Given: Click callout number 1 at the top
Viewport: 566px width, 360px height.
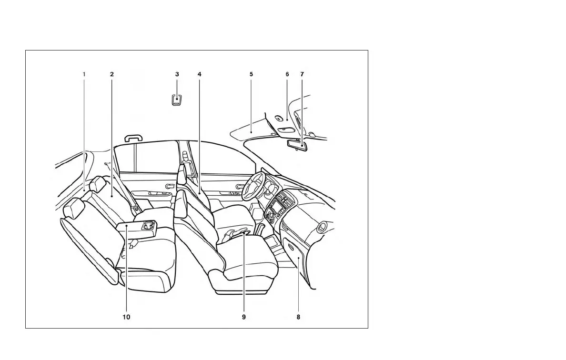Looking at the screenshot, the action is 84,74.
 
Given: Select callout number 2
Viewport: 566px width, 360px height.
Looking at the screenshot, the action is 111,74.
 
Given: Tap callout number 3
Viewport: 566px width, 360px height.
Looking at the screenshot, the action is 177,74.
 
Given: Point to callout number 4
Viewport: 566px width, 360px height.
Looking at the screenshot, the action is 199,74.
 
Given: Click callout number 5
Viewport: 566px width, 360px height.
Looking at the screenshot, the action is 251,74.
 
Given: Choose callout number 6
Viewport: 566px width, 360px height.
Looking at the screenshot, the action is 287,74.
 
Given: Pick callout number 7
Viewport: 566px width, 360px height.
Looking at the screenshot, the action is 302,74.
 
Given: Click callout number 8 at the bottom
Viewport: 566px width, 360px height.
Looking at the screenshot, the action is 298,317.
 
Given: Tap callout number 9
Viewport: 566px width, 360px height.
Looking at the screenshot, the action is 243,317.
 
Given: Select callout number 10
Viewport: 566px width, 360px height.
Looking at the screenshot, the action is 126,317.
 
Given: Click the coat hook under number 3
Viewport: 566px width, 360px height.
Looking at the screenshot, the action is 177,100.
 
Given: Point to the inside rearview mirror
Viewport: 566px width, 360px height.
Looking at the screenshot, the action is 298,144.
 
